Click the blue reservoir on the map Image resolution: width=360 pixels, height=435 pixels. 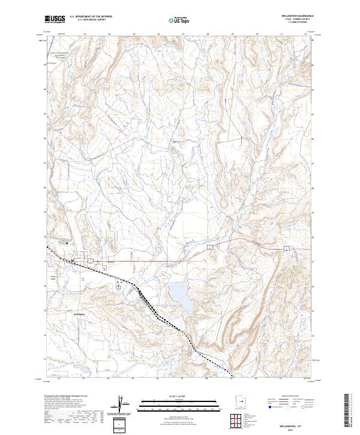coord(180,296)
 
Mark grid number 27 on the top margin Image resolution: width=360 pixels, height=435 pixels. coord(182,35)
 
